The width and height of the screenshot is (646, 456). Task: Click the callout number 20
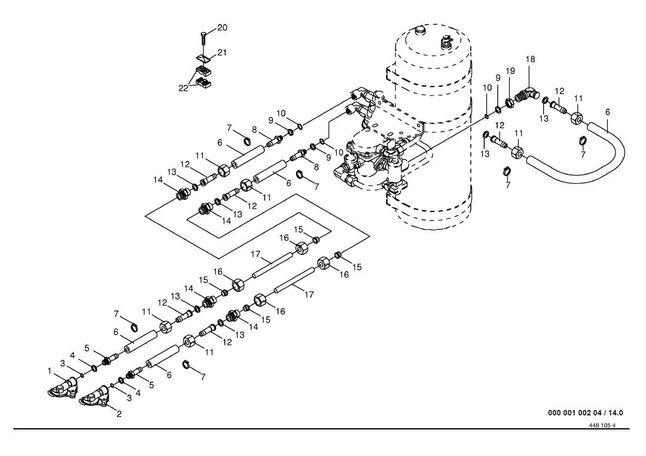[x=223, y=28]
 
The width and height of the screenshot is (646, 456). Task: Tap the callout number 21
[x=223, y=53]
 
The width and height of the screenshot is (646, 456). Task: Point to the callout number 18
[x=530, y=59]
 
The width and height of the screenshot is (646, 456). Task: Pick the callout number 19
[x=510, y=71]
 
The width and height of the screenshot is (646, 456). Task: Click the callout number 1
[x=50, y=371]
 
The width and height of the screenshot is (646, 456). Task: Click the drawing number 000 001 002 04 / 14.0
[x=585, y=413]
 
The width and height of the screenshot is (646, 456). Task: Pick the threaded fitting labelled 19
[x=510, y=101]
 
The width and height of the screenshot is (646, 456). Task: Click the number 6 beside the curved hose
[x=608, y=112]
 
